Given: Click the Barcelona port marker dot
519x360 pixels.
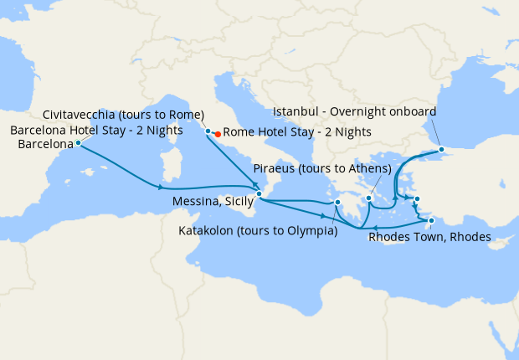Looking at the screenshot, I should coord(78,143).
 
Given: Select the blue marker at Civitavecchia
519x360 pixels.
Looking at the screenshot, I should coord(208,131).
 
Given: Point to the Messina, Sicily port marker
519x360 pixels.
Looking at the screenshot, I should coord(259,194).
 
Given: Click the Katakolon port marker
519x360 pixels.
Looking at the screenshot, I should coord(337,202).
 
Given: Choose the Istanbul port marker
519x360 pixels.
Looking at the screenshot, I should coord(441,149).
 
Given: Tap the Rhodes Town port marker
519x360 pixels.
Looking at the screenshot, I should coord(431,221).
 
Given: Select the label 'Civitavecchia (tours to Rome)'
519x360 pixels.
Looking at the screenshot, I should coord(125,115).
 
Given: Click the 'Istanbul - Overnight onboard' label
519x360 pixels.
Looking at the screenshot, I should coord(353,112).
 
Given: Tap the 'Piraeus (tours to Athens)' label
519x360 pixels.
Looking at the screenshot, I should coord(321,168).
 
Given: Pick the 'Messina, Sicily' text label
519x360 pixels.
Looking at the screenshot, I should coord(212,202).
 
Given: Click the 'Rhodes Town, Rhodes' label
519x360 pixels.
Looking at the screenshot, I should coord(429,238).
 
